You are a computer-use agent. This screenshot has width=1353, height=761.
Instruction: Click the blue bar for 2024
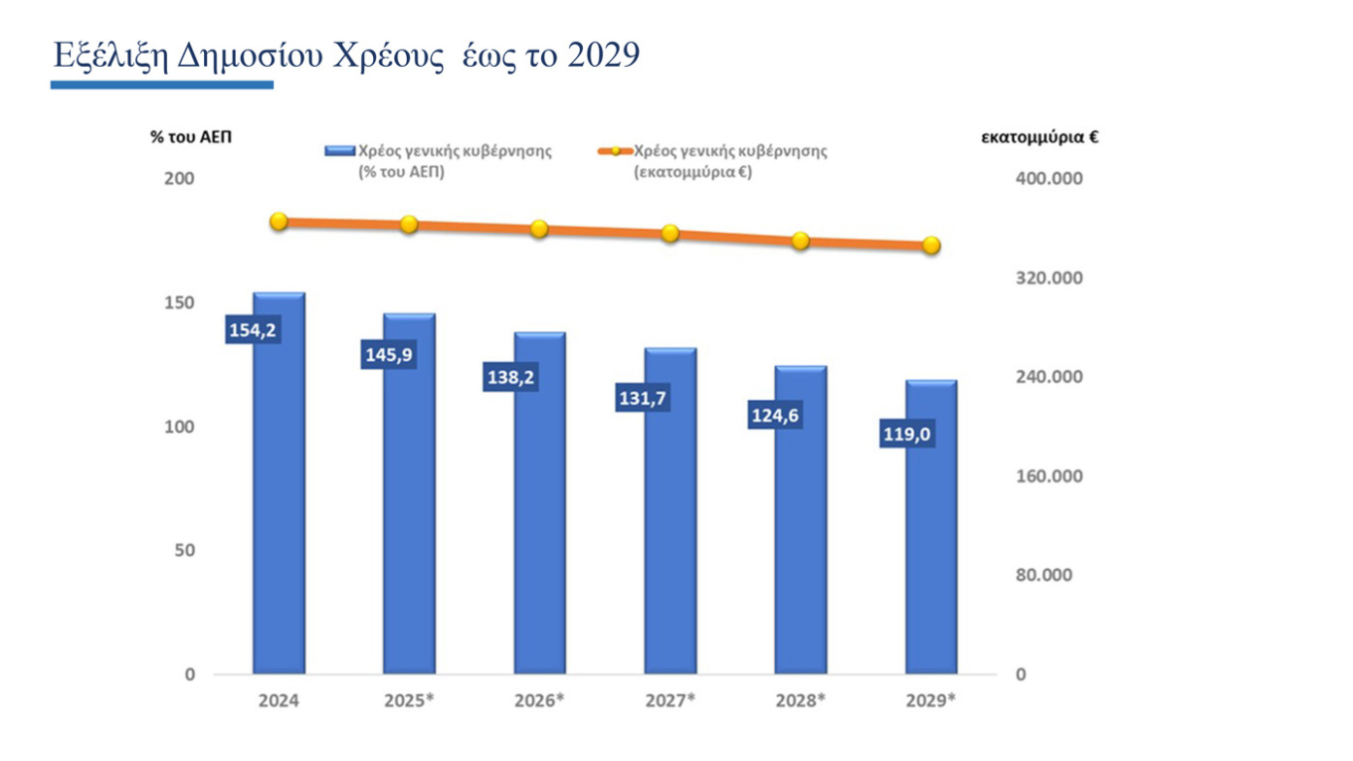pyautogui.click(x=279, y=483)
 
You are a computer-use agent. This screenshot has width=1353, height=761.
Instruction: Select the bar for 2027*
pyautogui.click(x=671, y=511)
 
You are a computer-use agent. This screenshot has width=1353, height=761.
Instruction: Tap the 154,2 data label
pyautogui.click(x=253, y=330)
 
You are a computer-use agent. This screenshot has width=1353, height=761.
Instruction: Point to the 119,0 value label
pyautogui.click(x=907, y=434)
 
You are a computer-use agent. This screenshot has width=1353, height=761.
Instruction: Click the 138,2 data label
pyautogui.click(x=510, y=377)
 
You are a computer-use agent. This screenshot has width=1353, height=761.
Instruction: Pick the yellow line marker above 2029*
pyautogui.click(x=931, y=245)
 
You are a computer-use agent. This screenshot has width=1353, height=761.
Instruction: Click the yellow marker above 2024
pyautogui.click(x=279, y=222)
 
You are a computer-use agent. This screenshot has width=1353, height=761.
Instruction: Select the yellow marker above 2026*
pyautogui.click(x=539, y=229)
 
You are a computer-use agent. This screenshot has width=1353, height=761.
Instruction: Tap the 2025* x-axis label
pyautogui.click(x=409, y=700)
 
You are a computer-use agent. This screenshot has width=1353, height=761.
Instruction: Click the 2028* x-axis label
pyautogui.click(x=800, y=700)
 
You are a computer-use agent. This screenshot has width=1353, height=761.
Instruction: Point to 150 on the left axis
pyautogui.click(x=179, y=302)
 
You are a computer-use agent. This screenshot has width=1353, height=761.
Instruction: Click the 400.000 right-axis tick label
pyautogui.click(x=1050, y=178)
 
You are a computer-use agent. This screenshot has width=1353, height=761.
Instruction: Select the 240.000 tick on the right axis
pyautogui.click(x=1050, y=376)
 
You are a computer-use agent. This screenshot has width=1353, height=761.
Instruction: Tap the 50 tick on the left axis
pyautogui.click(x=185, y=550)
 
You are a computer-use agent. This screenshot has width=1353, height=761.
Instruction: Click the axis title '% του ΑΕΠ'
pyautogui.click(x=191, y=137)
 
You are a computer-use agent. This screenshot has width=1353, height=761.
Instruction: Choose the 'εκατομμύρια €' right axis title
pyautogui.click(x=1040, y=137)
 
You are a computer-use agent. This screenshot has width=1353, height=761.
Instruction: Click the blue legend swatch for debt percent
pyautogui.click(x=339, y=151)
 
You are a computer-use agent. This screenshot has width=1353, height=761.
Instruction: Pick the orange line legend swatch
pyautogui.click(x=615, y=151)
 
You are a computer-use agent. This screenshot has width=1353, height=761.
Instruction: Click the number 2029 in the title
pyautogui.click(x=604, y=55)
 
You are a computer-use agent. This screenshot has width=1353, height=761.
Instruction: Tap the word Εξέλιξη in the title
pyautogui.click(x=110, y=56)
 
